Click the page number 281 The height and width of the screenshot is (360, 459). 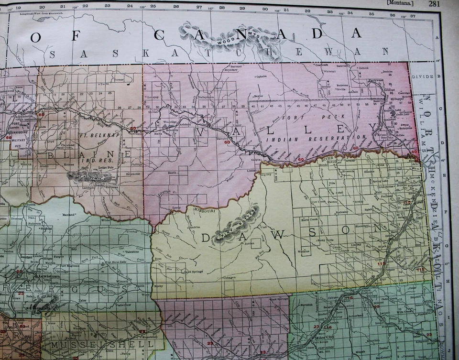click(x=434, y=3)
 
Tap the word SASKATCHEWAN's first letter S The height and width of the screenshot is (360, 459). click(x=52, y=54)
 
